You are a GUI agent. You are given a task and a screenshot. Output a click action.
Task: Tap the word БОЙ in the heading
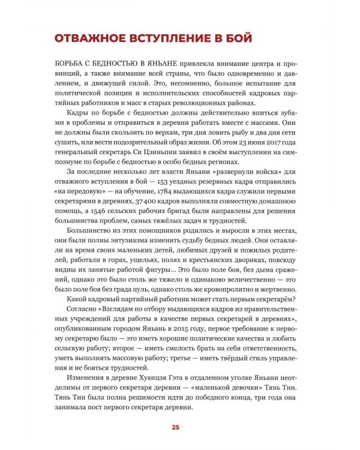pyautogui.click(x=239, y=38)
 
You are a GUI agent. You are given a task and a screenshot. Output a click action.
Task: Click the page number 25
pyautogui.click(x=175, y=427)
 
